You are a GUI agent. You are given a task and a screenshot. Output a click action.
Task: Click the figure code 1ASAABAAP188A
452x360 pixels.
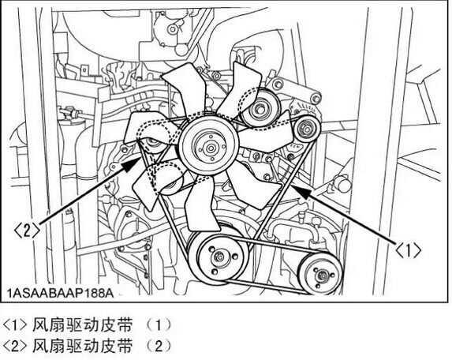coord(61,294)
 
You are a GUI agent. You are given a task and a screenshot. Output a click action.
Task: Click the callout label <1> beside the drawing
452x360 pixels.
coord(408,250)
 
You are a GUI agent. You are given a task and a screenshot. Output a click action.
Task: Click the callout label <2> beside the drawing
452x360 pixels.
coord(26,231)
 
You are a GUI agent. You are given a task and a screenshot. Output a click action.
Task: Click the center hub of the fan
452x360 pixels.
coord(210,148)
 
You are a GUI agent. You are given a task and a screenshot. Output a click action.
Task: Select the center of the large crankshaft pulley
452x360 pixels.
coord(219,257)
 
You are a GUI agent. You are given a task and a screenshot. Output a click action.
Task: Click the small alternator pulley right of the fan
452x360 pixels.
coord(307,129)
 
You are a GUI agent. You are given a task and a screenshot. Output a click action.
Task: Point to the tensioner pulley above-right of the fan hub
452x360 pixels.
coord(260,109)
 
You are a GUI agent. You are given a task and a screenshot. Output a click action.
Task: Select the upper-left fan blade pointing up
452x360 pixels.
coord(185,87)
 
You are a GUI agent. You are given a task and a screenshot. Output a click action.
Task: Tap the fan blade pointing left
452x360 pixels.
coord(150,129)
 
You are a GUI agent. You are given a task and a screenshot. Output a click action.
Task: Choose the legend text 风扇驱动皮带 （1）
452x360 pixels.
coord(102,325)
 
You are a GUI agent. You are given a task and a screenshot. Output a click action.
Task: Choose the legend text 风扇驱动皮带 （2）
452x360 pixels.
coord(102,346)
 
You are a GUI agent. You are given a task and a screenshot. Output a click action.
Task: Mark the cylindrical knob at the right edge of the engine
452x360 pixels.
coord(344,184)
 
